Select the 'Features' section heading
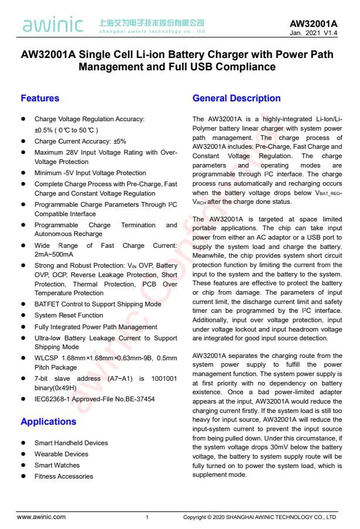pos(40,98)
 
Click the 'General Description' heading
pos(236,98)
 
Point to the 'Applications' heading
pos(49,422)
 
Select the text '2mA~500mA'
pos(54,255)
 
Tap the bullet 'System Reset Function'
pos(69,315)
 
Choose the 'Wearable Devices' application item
pos(61,454)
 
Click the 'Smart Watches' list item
pos(57,465)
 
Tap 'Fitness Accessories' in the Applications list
pos(64,476)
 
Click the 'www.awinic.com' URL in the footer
pos(41,517)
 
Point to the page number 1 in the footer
pos(147,517)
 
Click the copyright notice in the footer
pos(259,517)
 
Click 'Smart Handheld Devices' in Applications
pos(71,443)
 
